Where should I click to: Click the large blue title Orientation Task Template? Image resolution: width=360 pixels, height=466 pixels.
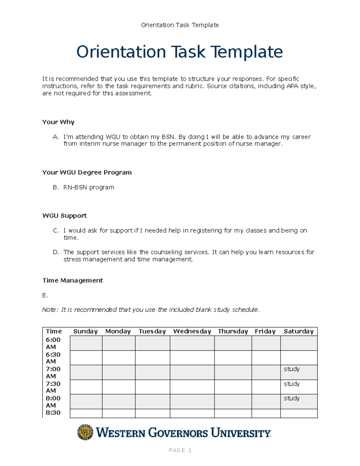[x=179, y=52]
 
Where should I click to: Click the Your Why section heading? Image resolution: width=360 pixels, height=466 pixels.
[x=58, y=122]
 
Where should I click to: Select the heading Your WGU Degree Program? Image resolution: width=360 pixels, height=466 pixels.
[x=87, y=173]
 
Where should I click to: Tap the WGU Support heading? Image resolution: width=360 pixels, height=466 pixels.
[x=64, y=216]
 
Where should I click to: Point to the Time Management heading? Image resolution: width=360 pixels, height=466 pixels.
[x=73, y=281]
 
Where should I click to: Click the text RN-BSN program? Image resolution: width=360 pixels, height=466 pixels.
[x=89, y=187]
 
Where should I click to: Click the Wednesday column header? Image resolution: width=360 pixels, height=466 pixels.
[x=192, y=331]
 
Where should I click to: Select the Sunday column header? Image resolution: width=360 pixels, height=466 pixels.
[x=85, y=331]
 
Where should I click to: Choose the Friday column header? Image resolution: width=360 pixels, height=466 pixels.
[x=265, y=331]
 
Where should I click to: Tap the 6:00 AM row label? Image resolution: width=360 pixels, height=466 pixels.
[x=53, y=343]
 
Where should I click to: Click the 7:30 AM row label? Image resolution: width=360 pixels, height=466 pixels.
[x=53, y=387]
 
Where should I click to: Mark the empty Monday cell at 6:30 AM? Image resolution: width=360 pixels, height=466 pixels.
[x=118, y=358]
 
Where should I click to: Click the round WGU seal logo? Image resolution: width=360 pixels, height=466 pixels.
[x=85, y=432]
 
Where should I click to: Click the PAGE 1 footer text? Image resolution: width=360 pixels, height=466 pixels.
[x=180, y=450]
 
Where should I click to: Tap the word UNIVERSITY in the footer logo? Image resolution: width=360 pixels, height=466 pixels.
[x=241, y=433]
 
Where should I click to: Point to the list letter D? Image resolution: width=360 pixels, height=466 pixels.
[x=56, y=252]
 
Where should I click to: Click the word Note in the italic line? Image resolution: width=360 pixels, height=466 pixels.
[x=49, y=310]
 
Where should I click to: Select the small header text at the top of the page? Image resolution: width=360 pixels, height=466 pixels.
[x=180, y=25]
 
